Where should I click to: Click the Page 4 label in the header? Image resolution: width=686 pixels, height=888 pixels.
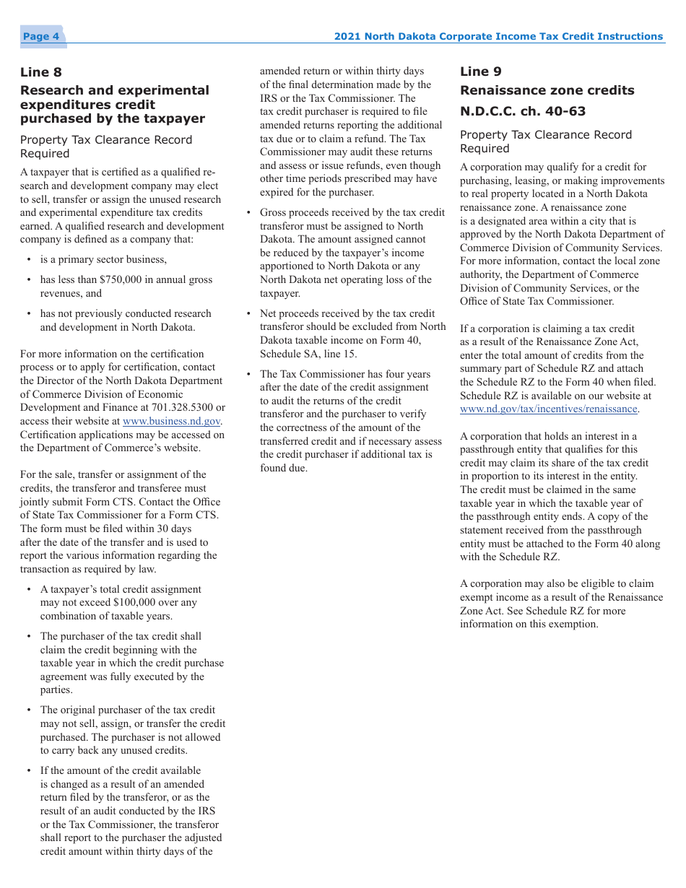coord(41,37)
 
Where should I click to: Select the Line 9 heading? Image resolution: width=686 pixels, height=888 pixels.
coord(481,71)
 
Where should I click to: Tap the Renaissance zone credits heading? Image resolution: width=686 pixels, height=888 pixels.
coord(547,90)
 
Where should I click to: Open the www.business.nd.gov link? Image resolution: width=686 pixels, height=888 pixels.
coord(172,421)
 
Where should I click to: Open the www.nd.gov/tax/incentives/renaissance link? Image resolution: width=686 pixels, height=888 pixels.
coord(549,409)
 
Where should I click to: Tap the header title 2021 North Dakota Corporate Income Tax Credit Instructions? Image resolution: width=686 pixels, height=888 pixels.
coord(498,37)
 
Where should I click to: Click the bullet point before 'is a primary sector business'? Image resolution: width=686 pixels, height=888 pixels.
coord(29,260)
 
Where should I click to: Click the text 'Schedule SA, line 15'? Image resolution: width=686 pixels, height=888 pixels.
coord(308,354)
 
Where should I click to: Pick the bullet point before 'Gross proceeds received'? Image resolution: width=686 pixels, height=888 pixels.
coord(249,213)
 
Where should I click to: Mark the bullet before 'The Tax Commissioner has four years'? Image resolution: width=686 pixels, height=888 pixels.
coord(249,375)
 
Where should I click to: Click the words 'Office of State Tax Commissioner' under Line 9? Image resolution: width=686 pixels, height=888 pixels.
coord(537,302)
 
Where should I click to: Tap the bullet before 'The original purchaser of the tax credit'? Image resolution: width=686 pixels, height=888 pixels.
coord(29,710)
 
